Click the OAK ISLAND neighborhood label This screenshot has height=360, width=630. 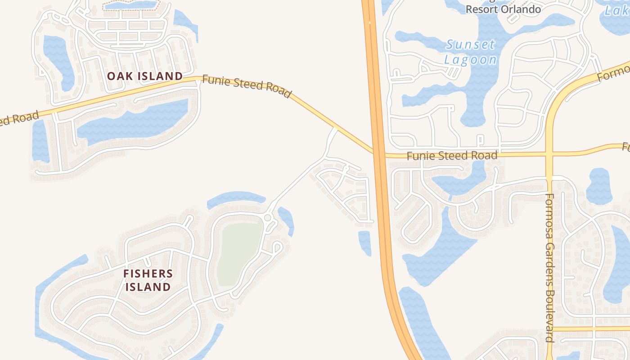coord(145,76)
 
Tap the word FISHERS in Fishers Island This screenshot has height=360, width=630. coord(148,273)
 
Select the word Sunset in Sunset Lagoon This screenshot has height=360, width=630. coord(470,45)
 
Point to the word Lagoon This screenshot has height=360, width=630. coord(470,59)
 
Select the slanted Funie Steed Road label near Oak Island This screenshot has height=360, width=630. coord(247,85)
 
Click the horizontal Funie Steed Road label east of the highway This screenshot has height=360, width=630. coord(452,156)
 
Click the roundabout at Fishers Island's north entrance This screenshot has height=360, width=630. coord(268,218)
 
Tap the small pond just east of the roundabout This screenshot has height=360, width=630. coord(286,220)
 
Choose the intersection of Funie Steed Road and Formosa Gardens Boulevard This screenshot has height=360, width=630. coord(549,154)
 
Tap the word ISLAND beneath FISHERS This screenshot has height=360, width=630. coord(148,287)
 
